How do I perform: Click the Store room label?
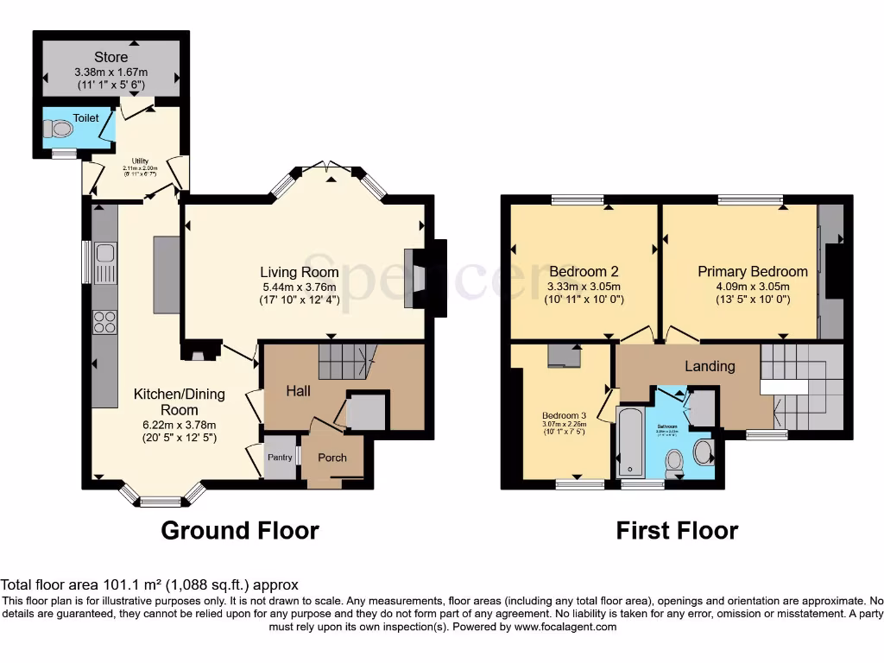pos(111,58)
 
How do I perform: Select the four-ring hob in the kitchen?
pos(104,322)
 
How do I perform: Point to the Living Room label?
pos(300,272)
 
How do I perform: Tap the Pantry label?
pos(280,457)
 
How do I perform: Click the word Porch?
pos(332,457)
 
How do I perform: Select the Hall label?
pos(299,391)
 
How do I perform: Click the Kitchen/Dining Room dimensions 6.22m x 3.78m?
pos(179,424)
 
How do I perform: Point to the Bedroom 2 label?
pos(584,271)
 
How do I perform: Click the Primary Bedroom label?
pos(753,271)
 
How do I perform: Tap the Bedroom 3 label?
pos(563,413)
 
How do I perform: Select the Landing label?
pos(710,366)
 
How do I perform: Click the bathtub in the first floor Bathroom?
pos(629,442)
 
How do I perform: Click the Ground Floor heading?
pos(240,530)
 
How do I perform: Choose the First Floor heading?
pos(677,530)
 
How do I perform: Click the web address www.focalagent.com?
pos(565,627)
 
